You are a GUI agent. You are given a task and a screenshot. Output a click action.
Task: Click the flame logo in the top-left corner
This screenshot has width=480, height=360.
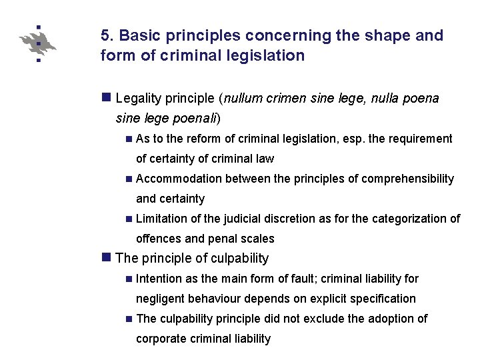point(38,43)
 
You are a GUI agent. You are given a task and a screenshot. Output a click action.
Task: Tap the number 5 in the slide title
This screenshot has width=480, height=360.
point(105,35)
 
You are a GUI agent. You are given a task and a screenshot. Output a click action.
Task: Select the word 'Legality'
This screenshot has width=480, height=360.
point(139,99)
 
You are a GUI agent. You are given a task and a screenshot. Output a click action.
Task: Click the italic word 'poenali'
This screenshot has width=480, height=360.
point(194,119)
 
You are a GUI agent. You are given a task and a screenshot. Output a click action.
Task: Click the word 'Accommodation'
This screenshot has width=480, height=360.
point(179,179)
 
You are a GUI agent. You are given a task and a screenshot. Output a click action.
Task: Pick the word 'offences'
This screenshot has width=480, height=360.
point(158,239)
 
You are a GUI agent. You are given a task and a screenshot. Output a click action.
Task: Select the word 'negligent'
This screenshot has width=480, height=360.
point(160,299)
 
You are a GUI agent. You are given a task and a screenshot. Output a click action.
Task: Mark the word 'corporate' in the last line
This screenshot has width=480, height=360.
point(160,339)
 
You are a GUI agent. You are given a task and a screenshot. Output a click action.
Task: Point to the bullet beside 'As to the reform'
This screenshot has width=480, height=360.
point(128,139)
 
